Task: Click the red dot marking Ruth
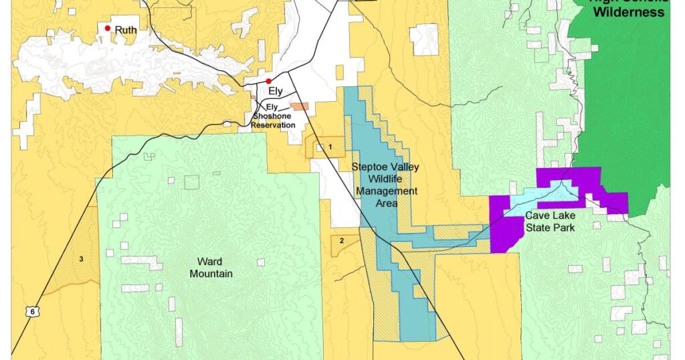[107, 28]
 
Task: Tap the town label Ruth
[126, 30]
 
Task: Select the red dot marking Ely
[268, 81]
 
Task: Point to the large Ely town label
[276, 91]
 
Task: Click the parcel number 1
[330, 146]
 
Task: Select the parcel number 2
[341, 240]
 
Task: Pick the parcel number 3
[81, 259]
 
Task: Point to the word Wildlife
[386, 179]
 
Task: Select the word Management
[386, 191]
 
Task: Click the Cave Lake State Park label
[550, 221]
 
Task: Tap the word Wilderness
[629, 12]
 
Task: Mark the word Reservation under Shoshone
[273, 125]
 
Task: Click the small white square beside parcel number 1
[320, 147]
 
